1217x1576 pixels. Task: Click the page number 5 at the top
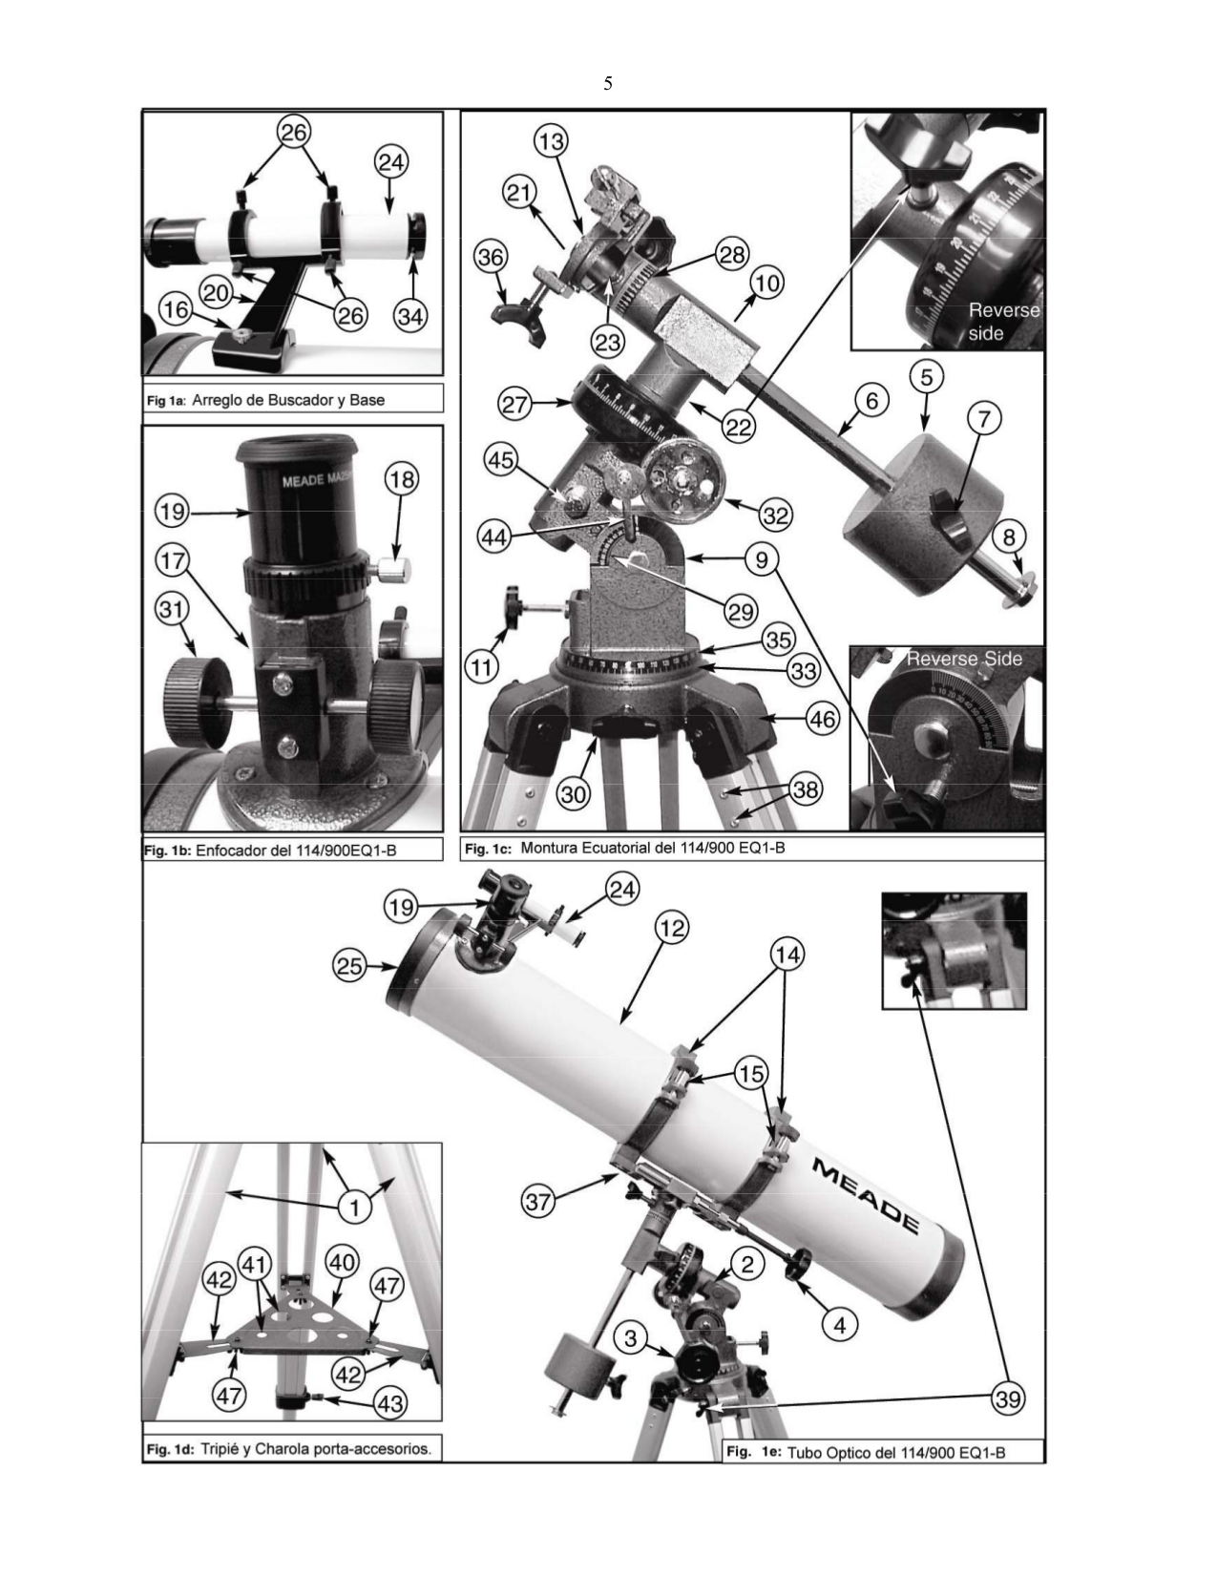(x=607, y=84)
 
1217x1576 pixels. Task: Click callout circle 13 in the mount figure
(x=550, y=141)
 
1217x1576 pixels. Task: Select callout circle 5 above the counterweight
(x=926, y=376)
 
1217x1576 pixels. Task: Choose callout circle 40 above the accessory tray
(x=342, y=1262)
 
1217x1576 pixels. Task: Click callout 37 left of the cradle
(x=539, y=1201)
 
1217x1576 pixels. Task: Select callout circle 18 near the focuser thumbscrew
(x=402, y=479)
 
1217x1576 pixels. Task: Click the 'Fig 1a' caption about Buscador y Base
(x=265, y=400)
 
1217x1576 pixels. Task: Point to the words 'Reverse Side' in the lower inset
(x=964, y=659)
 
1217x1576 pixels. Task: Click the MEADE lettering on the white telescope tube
(x=867, y=1195)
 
